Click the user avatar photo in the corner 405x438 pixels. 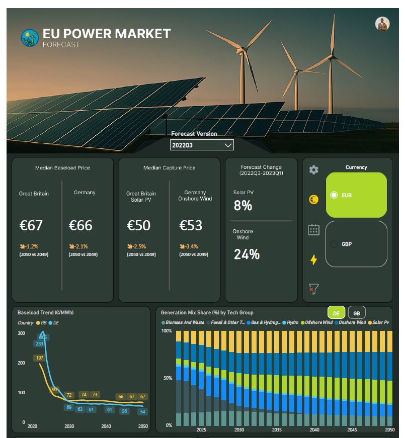click(382, 24)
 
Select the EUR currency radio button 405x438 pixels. click(334, 195)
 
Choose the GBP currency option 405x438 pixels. click(334, 244)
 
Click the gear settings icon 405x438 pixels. click(313, 170)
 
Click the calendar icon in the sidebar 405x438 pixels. click(313, 230)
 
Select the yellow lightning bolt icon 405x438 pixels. click(313, 259)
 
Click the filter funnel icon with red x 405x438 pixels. click(313, 289)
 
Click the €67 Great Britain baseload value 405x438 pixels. click(31, 225)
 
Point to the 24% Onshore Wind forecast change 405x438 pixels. click(247, 254)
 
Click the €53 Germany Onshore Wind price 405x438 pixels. click(191, 225)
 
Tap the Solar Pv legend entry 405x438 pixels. click(379, 322)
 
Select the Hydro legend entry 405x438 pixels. click(292, 322)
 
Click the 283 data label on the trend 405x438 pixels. click(39, 344)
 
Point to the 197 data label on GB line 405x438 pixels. click(39, 358)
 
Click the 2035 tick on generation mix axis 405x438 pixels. click(277, 430)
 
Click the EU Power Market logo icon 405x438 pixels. click(30, 38)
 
